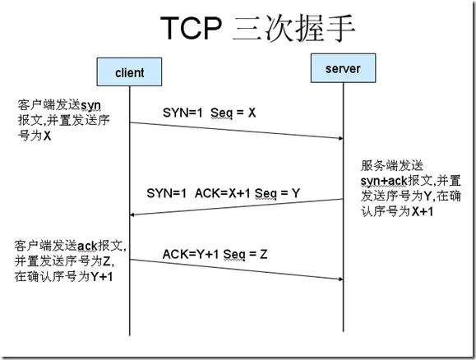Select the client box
129,73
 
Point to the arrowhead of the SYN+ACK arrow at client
134,215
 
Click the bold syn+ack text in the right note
385,180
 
